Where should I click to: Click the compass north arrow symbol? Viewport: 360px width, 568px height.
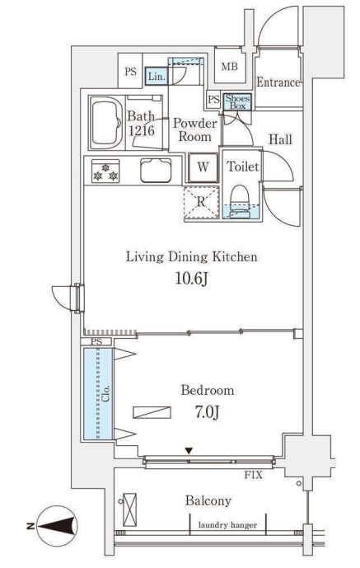pos(58,526)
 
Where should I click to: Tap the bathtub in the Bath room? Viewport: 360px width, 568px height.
pos(106,124)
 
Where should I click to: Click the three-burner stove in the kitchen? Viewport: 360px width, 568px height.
pos(105,171)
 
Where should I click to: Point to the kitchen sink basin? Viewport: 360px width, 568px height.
pos(156,171)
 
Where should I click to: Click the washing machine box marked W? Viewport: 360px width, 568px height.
pos(203,167)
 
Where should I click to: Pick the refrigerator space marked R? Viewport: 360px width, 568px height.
pos(201,202)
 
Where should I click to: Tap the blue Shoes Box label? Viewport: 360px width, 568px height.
pos(237,102)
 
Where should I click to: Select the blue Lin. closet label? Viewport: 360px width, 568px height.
pos(157,77)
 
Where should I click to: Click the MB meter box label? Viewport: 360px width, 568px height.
pos(230,67)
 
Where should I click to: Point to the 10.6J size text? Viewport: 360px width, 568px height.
pos(192,279)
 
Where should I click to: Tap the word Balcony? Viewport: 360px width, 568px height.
pos(208,500)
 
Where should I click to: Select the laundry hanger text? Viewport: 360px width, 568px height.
pos(228,524)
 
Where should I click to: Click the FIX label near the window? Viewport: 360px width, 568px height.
pos(253,475)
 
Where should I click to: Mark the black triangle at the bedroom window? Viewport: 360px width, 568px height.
pos(189,451)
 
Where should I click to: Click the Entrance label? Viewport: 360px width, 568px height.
pos(278,82)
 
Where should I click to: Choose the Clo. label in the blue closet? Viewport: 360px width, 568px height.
pos(106,393)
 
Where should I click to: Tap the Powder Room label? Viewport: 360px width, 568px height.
pos(195,129)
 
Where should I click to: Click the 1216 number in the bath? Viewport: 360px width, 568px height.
pos(142,130)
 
